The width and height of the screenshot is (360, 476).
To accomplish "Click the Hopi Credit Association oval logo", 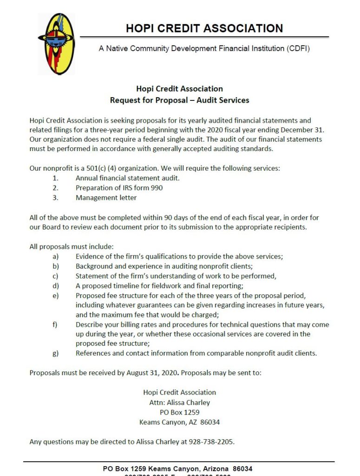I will pos(56,44).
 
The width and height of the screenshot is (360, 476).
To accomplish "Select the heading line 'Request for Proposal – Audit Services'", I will pos(179,100).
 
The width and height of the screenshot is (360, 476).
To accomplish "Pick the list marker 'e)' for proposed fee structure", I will pos(55,296).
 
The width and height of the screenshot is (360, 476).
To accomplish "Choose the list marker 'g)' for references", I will pos(55,353).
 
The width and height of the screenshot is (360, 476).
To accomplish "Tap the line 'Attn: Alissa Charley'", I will pos(179,402).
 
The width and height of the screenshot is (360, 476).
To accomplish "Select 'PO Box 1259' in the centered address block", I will pos(179,412).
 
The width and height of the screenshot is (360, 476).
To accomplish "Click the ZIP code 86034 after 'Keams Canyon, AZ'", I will pos(209,422).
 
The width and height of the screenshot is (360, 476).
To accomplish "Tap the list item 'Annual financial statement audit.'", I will pos(127,178).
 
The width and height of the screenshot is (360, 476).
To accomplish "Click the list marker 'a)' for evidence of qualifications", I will pos(55,257).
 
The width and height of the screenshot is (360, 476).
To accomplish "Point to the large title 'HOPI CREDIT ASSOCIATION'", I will pos(204,28).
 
